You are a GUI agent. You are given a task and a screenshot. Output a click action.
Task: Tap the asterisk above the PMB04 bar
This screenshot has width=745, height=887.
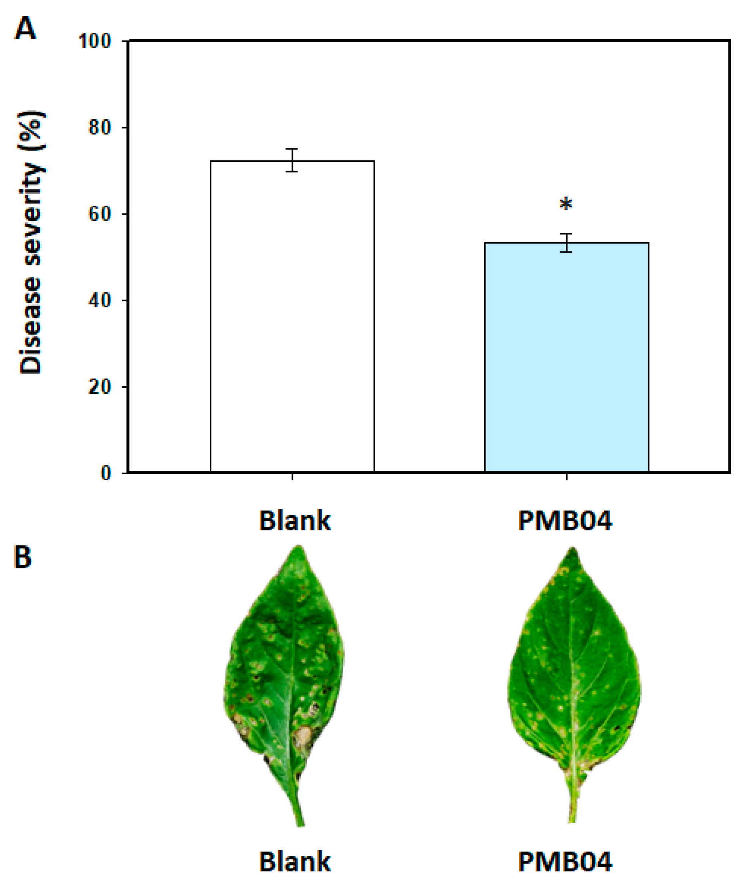tap(566, 205)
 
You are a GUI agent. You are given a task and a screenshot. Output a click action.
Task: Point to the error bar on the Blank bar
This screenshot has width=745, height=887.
tap(292, 160)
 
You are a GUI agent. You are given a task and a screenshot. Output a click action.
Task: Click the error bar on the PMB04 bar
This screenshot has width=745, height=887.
tap(566, 243)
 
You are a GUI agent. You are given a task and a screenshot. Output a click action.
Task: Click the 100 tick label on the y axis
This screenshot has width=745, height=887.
tap(95, 41)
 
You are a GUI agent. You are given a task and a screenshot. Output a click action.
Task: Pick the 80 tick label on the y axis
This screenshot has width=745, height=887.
tap(100, 128)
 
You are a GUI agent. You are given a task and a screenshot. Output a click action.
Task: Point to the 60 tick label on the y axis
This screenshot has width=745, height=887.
tap(100, 214)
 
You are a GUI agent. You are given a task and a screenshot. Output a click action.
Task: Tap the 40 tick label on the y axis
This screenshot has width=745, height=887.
tap(100, 301)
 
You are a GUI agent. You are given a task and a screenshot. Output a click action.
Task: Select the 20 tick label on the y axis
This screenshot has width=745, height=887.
tap(100, 387)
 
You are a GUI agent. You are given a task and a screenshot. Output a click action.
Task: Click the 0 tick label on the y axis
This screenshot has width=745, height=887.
tap(106, 473)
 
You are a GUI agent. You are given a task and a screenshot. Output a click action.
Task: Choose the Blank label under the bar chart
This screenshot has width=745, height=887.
tap(295, 521)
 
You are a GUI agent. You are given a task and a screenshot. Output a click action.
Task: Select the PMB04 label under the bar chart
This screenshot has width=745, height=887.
tap(565, 521)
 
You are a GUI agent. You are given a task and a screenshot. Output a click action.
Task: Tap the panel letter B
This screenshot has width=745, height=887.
tap(23, 557)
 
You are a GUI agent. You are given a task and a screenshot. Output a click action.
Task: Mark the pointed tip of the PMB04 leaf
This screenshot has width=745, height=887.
tap(573, 550)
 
